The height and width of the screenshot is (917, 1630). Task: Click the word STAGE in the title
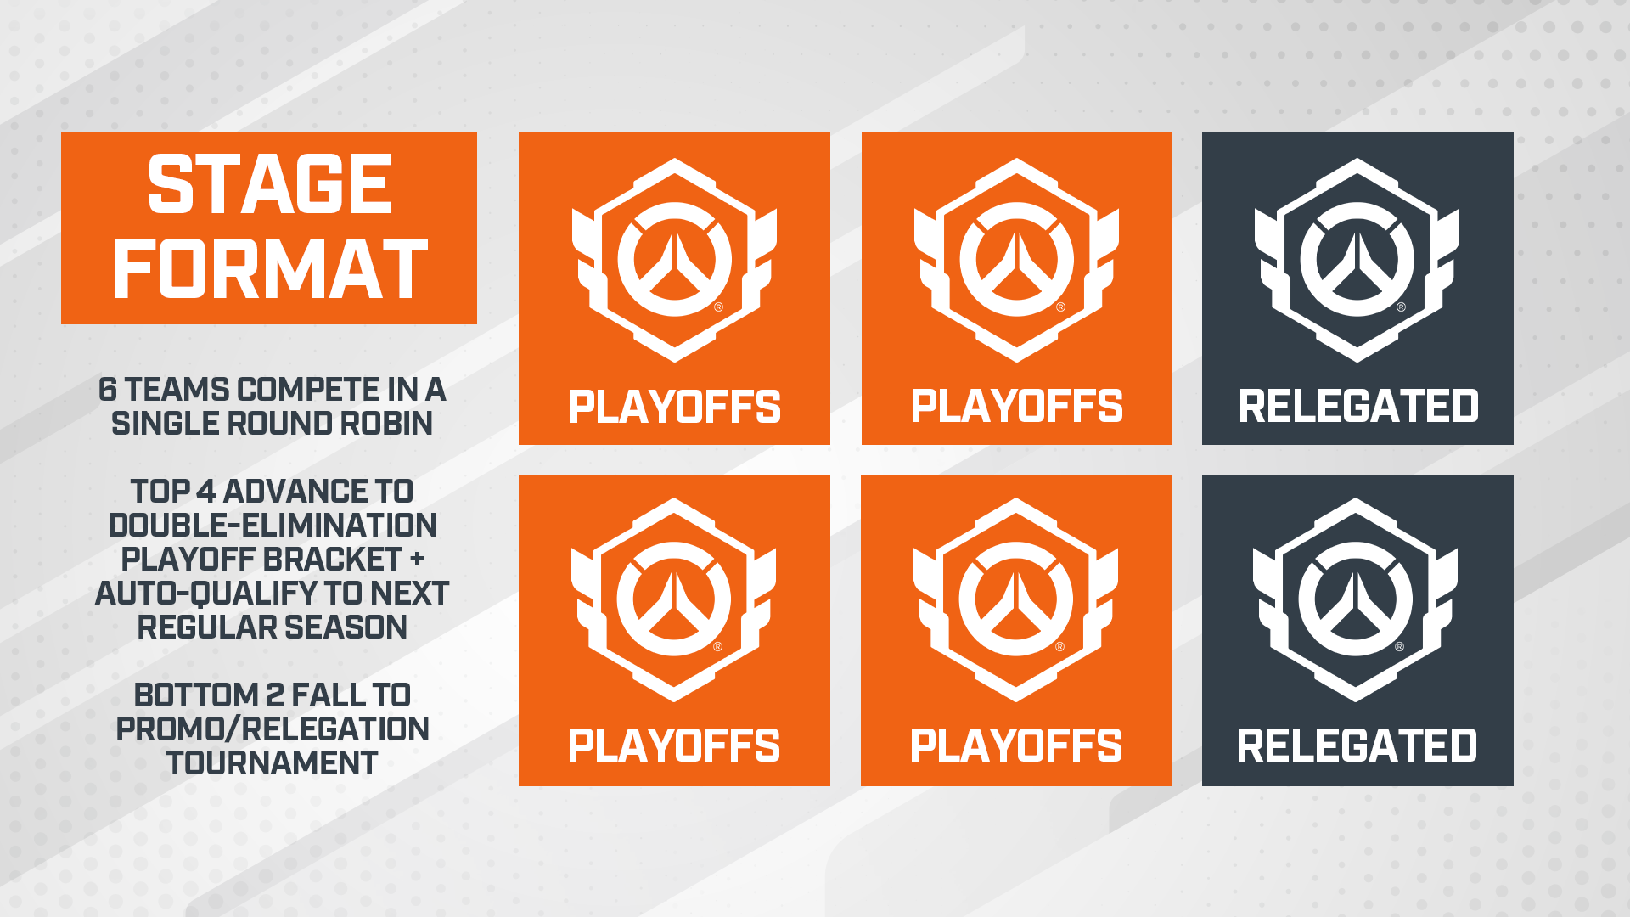[x=269, y=184]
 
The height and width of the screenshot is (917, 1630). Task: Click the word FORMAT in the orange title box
[x=270, y=269]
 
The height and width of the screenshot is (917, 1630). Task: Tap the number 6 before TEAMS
[x=107, y=390]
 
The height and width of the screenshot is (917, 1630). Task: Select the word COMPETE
[x=307, y=390]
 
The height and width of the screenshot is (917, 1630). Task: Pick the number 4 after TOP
[x=206, y=492]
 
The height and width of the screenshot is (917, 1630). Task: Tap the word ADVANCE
[x=295, y=492]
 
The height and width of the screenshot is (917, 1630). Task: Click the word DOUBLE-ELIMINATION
[x=273, y=526]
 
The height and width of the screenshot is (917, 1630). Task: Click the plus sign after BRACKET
[x=417, y=560]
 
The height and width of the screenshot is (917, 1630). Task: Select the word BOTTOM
[x=196, y=695]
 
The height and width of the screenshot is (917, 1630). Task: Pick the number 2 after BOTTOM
[x=275, y=695]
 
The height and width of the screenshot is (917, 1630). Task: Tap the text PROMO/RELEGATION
[x=273, y=729]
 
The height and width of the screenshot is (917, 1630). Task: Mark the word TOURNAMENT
[x=273, y=763]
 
